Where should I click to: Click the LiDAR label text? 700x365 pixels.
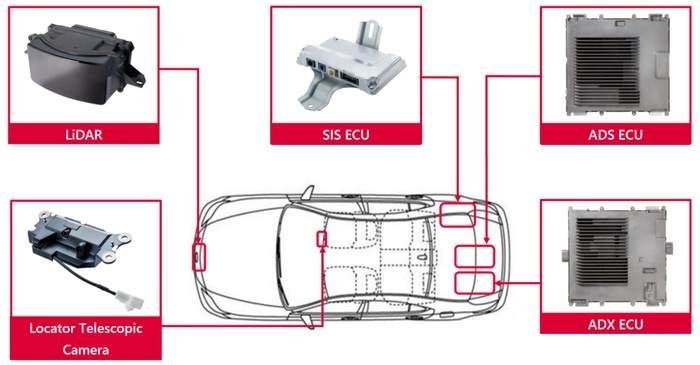pyautogui.click(x=84, y=134)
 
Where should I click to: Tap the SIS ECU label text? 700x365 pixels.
pyautogui.click(x=346, y=135)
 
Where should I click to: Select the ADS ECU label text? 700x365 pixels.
pyautogui.click(x=616, y=135)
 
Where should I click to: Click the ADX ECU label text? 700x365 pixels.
pyautogui.click(x=616, y=324)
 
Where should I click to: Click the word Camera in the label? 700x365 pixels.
pyautogui.click(x=86, y=349)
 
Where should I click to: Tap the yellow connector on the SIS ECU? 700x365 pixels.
pyautogui.click(x=332, y=72)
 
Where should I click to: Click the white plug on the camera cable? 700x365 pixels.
pyautogui.click(x=130, y=300)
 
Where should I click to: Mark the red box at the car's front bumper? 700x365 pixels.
pyautogui.click(x=199, y=257)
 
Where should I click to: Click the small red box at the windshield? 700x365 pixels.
pyautogui.click(x=321, y=239)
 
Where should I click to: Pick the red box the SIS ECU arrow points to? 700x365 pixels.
pyautogui.click(x=458, y=215)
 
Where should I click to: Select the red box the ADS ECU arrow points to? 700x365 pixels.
pyautogui.click(x=475, y=257)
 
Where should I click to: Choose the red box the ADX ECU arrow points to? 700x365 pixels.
pyautogui.click(x=475, y=283)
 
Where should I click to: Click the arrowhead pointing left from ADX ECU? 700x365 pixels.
pyautogui.click(x=499, y=283)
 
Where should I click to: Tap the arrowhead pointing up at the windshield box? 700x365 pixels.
pyautogui.click(x=322, y=250)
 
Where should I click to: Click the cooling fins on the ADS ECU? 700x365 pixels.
pyautogui.click(x=607, y=71)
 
